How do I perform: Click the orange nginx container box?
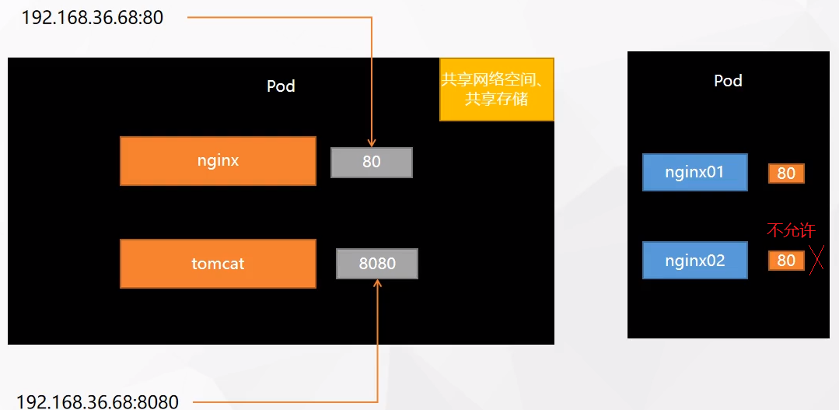[x=218, y=161]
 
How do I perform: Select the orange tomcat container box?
[x=218, y=264]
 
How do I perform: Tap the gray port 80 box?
[x=371, y=163]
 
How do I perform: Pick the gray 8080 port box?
[x=377, y=264]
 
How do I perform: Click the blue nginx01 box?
[x=694, y=172]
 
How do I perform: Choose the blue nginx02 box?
[x=694, y=260]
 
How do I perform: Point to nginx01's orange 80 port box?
[x=786, y=173]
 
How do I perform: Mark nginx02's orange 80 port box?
[x=786, y=261]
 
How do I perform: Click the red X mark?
[x=816, y=261]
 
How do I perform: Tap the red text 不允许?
[x=791, y=230]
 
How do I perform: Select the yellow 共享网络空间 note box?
[x=497, y=89]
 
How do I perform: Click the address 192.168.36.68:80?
[x=93, y=17]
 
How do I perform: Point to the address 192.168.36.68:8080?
[x=97, y=401]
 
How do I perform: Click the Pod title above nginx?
[x=281, y=86]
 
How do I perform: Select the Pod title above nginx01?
[x=728, y=80]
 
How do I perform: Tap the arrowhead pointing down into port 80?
[x=372, y=142]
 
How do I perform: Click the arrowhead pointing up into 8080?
[x=377, y=284]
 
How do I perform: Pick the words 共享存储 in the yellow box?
[x=496, y=100]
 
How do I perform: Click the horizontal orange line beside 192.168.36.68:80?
[x=280, y=17]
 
